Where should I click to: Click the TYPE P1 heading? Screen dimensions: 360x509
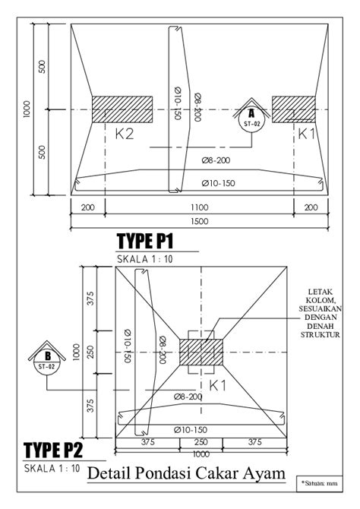point(145,241)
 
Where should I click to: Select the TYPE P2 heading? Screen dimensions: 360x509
point(53,451)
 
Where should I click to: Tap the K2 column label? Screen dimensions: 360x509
point(125,134)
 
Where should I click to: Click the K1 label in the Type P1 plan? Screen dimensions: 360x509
point(306,134)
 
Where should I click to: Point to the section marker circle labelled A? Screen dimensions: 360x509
point(251,119)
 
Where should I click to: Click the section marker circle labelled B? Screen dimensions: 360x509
point(47,362)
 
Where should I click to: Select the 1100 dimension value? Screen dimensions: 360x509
point(199,207)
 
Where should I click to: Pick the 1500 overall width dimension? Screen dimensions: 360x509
point(199,221)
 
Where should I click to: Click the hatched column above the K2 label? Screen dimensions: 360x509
point(122,109)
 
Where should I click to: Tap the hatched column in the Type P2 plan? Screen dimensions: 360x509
point(201,353)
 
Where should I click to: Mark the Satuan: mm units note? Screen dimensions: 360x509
point(320,483)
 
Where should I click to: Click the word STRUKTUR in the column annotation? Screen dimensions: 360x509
point(320,335)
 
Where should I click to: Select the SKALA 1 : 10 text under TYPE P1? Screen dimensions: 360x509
point(145,259)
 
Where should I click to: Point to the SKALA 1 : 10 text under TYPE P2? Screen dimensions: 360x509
point(52,469)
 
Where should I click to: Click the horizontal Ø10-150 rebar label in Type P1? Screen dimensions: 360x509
point(218,183)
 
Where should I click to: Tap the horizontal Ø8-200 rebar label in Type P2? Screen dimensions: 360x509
point(188,397)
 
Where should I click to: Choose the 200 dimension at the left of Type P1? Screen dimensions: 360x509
point(87,207)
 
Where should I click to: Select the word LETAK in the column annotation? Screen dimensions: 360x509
point(321,292)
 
